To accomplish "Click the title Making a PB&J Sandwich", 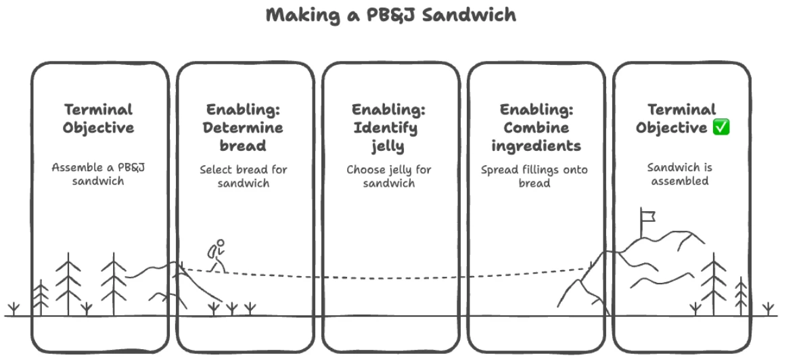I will (390, 15).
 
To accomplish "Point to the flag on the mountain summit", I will (647, 217).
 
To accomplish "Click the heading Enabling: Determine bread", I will (244, 127).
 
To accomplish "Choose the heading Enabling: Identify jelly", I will (389, 127).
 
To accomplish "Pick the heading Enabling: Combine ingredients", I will (536, 127).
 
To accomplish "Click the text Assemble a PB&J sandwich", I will (99, 174).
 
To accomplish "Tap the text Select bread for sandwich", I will (244, 176).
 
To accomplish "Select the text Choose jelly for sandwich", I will (389, 176).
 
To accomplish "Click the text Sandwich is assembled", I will (679, 174).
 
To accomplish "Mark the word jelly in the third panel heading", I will (388, 145).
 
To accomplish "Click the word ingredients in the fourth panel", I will (536, 145).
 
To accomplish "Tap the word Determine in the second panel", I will (244, 127).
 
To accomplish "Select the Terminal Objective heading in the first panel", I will (99, 118).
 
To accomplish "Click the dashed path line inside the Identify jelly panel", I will (389, 277).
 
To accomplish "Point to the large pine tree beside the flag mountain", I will (713, 284).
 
